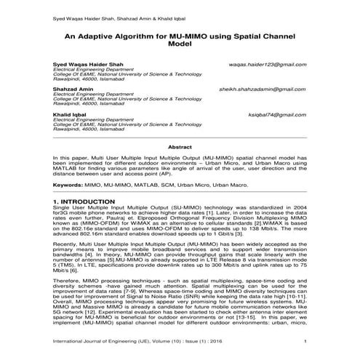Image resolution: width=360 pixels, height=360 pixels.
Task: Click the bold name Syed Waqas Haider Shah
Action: [x=84, y=64]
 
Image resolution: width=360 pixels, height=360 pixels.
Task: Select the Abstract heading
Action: [x=180, y=146]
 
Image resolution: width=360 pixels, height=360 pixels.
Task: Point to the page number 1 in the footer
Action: [x=305, y=340]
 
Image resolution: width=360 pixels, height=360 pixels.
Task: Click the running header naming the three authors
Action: [x=111, y=15]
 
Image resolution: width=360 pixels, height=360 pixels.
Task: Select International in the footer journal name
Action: [x=70, y=340]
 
